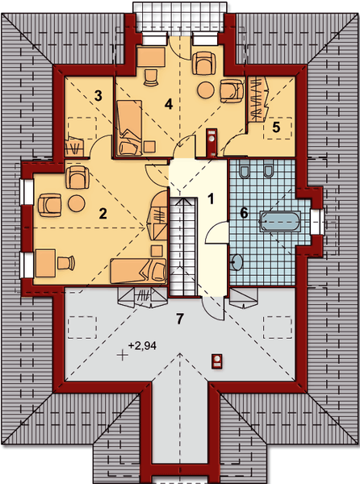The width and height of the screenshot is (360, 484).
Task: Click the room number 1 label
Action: coord(211,199)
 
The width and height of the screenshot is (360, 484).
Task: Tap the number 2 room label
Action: coord(103,214)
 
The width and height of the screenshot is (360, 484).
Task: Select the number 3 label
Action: coord(98,96)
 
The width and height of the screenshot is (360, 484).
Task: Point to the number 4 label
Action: coord(169,104)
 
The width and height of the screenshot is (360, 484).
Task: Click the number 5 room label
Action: coord(276,127)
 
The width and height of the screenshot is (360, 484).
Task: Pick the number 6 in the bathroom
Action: coord(244,213)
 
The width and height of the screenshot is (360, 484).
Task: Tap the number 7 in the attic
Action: coord(180,319)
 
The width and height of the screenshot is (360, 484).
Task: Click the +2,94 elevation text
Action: coord(142,346)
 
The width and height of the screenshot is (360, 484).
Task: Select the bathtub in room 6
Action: coord(279,221)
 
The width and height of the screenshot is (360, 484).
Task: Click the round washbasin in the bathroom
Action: coord(237,262)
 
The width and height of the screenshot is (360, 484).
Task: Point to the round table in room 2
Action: coord(76,203)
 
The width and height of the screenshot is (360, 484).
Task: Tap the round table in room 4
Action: coord(206,90)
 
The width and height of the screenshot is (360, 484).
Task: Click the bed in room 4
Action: coord(129,127)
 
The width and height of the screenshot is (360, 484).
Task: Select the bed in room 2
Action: coord(138,271)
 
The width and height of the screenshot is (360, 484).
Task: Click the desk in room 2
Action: coord(45,263)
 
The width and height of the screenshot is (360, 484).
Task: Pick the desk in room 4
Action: coord(150,57)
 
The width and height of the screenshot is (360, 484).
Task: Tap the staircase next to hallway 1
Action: coord(183,246)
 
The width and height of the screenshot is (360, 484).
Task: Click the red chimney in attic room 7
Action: coord(217,361)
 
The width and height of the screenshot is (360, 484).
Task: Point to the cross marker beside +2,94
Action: coord(123,355)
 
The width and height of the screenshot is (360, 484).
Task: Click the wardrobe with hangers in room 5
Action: coord(257,98)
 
